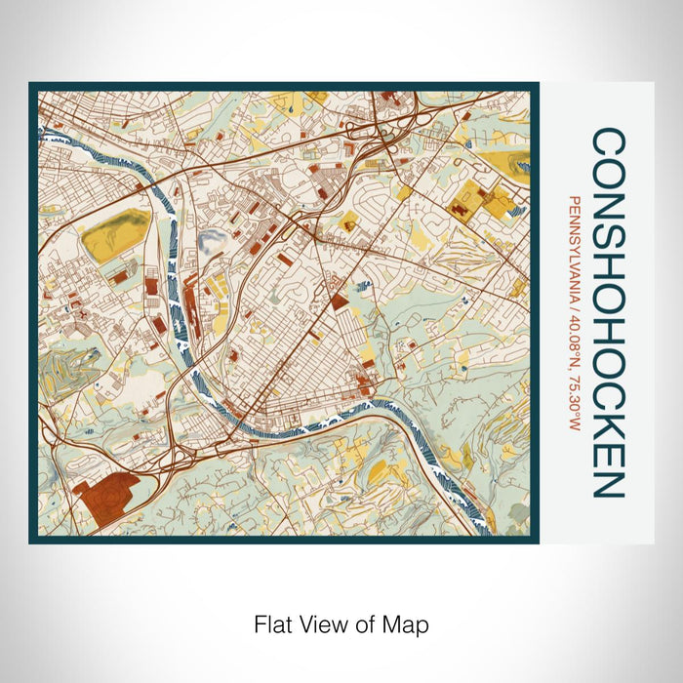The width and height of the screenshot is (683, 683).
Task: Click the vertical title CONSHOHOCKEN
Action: pos(608,313)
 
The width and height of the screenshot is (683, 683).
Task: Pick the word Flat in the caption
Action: pos(270,623)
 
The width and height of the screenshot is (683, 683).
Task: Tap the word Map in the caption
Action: pos(407,623)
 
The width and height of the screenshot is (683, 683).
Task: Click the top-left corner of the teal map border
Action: pos(32,85)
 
